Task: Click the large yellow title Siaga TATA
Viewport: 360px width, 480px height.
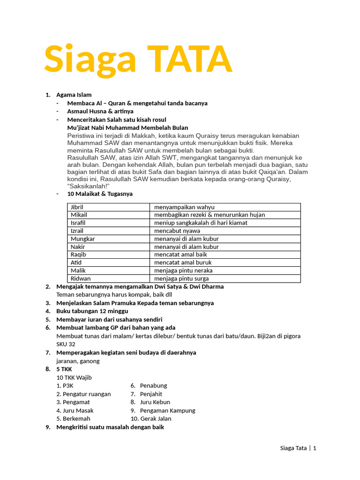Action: click(138, 60)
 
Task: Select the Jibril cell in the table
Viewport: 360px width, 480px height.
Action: click(80, 207)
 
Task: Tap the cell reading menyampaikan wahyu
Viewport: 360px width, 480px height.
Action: click(184, 207)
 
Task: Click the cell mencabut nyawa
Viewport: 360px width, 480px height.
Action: click(177, 231)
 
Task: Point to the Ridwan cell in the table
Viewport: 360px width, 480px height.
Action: click(81, 278)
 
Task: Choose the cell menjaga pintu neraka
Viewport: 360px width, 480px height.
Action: click(183, 270)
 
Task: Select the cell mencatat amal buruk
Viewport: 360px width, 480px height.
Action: click(183, 262)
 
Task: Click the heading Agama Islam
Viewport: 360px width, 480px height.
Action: click(74, 95)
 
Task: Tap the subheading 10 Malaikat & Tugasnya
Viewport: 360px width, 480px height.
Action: click(100, 194)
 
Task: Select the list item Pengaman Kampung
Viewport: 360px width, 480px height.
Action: click(167, 410)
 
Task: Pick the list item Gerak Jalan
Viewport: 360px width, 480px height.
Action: click(156, 419)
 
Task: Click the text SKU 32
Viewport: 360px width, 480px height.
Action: click(66, 344)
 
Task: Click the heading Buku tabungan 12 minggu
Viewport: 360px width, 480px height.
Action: click(92, 311)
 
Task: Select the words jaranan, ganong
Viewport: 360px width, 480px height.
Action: click(78, 361)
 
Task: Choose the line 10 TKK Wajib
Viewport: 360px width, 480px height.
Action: click(74, 377)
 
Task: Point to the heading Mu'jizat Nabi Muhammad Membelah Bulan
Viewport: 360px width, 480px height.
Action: click(127, 127)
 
